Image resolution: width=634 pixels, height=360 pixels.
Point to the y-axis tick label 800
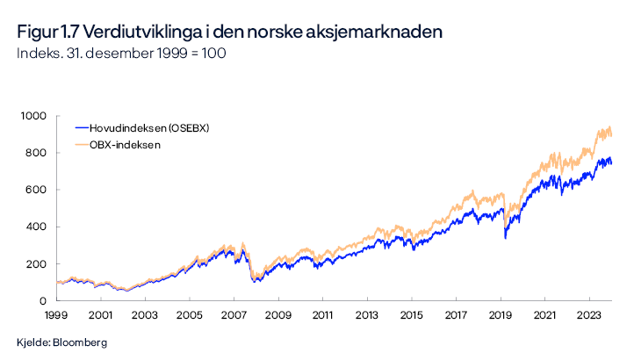34,153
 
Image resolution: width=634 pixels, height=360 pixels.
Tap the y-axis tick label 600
34,190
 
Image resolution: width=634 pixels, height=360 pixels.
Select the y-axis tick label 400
34,227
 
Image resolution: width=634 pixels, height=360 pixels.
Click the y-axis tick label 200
34,263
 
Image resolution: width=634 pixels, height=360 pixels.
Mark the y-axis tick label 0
40,300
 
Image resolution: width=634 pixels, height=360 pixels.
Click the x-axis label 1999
56,313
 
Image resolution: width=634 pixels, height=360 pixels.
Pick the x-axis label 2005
190,313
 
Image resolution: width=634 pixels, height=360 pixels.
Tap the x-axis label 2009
278,313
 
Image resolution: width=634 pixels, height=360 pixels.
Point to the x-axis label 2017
456,313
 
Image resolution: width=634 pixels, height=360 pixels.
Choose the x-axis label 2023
589,313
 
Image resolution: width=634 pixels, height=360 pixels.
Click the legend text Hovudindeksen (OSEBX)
149,128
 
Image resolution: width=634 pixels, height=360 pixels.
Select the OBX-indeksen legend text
125,144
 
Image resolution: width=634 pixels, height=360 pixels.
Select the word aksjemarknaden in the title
379,32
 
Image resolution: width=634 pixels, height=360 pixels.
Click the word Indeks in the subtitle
36,54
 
